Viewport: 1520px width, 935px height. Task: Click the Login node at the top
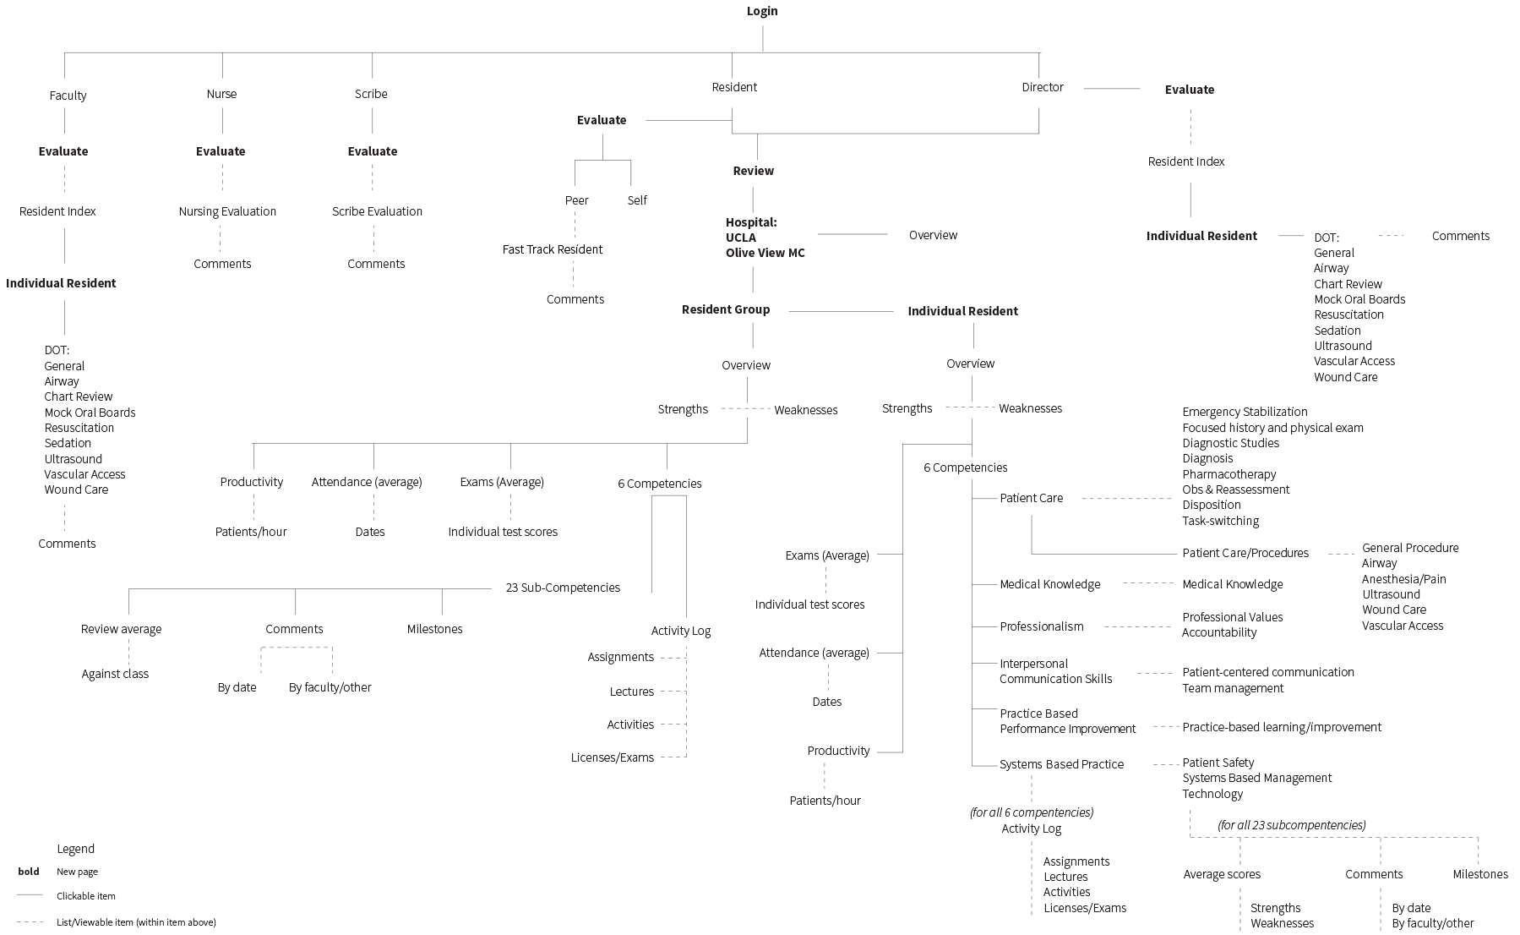762,11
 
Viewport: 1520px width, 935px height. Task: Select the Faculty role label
68,96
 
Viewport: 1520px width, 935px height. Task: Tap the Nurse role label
221,94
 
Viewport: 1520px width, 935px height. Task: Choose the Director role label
1043,87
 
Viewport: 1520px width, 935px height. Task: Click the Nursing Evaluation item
227,211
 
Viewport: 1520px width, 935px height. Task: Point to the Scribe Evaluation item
377,211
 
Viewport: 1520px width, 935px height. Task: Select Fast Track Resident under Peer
553,249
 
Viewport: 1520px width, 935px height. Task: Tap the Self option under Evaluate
637,200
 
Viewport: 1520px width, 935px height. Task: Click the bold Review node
753,171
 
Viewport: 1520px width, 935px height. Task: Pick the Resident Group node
726,309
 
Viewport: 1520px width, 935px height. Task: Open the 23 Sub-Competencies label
563,588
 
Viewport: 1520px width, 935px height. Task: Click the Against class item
115,674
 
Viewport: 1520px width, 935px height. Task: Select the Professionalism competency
1042,626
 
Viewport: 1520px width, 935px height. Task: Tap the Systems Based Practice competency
1062,764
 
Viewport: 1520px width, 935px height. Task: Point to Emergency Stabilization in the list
1245,412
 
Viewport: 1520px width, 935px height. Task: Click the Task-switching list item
1221,521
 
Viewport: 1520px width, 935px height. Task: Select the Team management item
1233,688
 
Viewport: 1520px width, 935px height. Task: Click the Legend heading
76,849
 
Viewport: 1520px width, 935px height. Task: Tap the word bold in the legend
29,872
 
